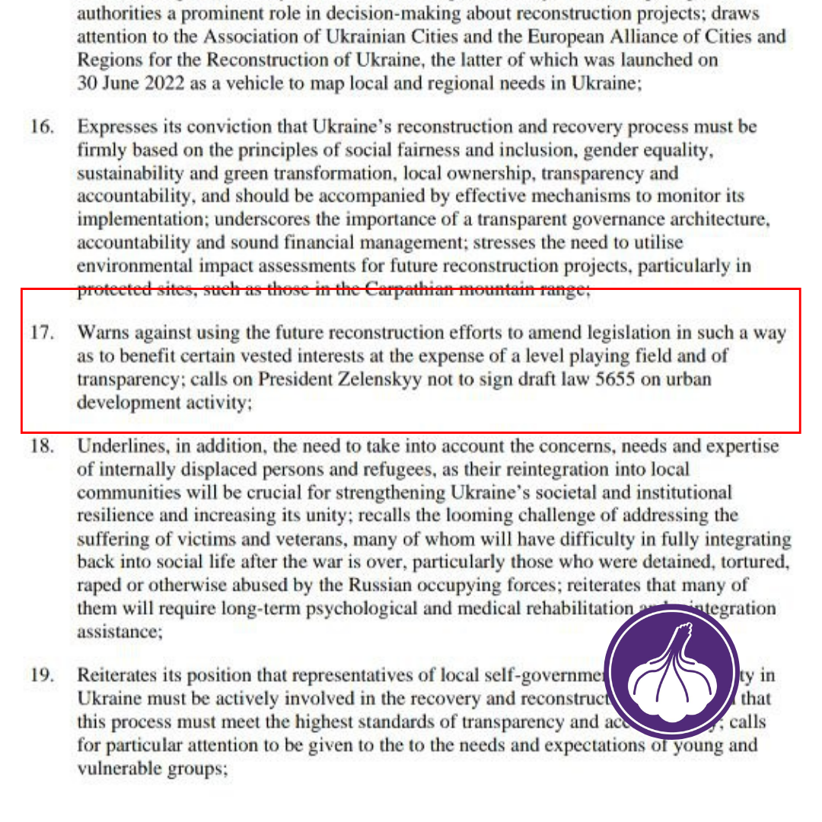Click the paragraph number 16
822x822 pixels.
[42, 126]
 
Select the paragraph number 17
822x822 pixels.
[42, 333]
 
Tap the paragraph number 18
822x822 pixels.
[42, 446]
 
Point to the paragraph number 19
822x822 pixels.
[42, 675]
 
